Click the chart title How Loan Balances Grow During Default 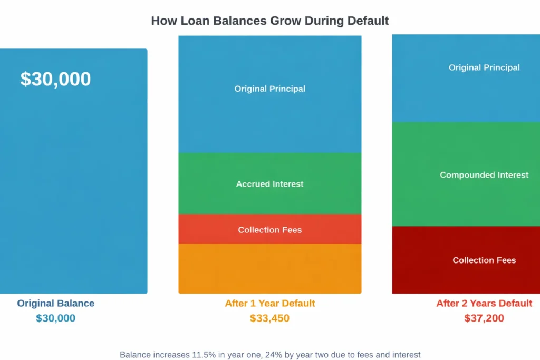269,21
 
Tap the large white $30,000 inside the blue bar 55,79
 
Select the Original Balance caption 56,303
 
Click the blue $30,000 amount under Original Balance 56,318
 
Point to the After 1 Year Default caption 270,303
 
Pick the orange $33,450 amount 269,318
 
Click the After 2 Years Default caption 484,303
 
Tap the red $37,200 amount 484,318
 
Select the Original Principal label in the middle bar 270,89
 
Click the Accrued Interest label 270,184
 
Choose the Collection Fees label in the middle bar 270,230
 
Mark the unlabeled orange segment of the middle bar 270,268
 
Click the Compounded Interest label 484,175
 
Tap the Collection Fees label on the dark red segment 484,260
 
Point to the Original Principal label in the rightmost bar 484,67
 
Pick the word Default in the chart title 368,21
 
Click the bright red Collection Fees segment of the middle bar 270,229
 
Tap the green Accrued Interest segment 270,184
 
